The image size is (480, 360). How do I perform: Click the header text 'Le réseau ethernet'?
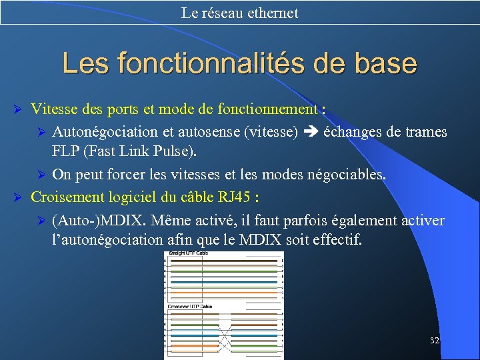coord(240,13)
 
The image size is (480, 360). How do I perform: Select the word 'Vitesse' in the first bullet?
coord(53,109)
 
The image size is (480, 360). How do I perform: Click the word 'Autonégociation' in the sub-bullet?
coord(103,132)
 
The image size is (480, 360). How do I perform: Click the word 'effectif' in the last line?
coord(337,239)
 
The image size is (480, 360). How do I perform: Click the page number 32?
coord(435,341)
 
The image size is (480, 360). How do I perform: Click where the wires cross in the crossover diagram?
coord(225,331)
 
